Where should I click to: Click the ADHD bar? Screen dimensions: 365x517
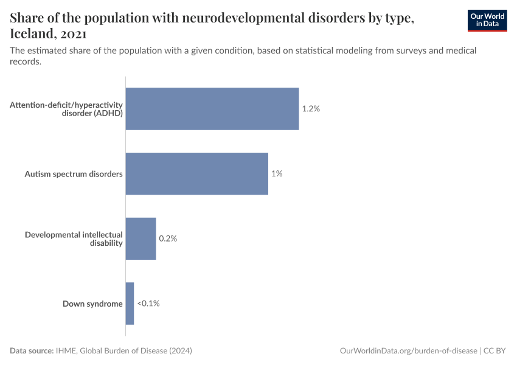coord(212,109)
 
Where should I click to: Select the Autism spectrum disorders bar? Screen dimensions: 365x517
coord(196,173)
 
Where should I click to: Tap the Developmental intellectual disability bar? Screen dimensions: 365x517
coord(141,238)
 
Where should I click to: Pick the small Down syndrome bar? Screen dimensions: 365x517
coord(130,304)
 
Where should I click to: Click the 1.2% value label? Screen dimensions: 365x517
coord(310,109)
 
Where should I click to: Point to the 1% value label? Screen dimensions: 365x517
coord(277,173)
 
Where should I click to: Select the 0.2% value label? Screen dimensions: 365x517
coord(168,238)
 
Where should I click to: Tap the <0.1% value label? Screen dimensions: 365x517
coord(148,304)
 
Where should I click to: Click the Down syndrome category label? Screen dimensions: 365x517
coord(92,304)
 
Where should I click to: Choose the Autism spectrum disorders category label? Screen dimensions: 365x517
coord(74,174)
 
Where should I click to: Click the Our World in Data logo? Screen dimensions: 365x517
coord(487,20)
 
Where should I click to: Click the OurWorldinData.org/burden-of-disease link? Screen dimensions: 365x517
coord(408,351)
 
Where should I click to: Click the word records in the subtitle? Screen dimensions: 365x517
coord(25,61)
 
